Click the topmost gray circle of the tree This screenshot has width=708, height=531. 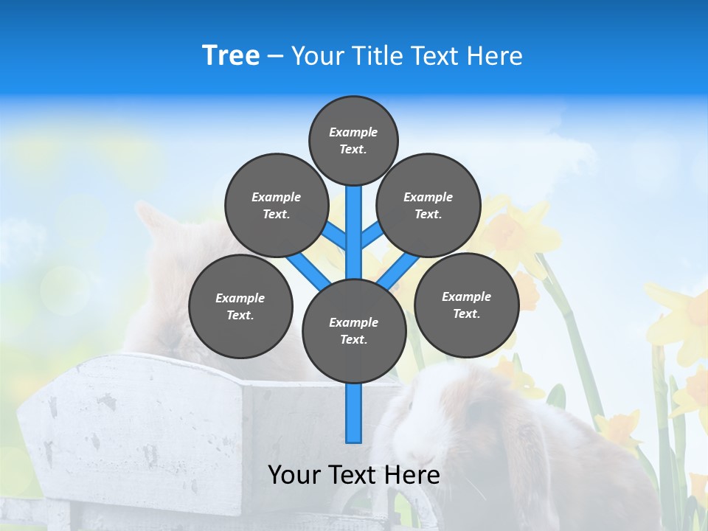353,140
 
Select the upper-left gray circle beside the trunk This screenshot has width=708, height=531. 276,205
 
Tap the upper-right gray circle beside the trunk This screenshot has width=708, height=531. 428,205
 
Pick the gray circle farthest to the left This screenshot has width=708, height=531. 240,306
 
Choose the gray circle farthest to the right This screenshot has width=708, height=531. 466,305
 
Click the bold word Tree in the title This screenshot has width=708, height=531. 231,56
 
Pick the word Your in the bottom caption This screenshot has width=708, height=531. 295,475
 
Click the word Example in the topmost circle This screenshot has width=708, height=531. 353,132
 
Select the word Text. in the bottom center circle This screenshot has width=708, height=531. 353,339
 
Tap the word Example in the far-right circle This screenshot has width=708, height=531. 466,296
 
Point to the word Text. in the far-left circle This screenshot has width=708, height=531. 240,315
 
